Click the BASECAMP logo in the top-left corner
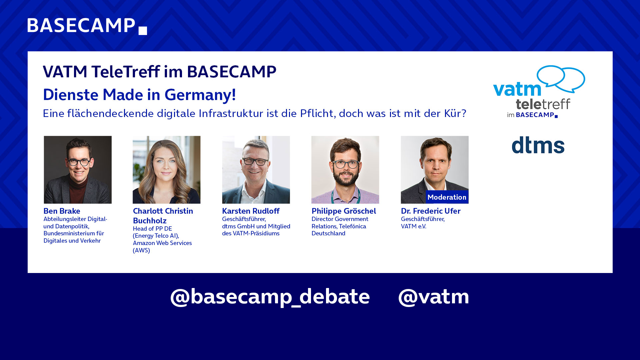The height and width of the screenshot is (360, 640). point(87,26)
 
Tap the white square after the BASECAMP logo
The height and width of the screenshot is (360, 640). point(143,31)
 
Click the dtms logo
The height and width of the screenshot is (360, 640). point(538,145)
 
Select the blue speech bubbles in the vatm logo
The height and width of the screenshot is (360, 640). point(561,79)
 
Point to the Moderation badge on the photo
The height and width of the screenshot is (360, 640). point(447,197)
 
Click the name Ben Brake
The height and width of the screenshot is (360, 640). point(62,211)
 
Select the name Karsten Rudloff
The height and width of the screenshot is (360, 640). point(251,211)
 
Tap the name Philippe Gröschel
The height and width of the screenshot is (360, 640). point(344,211)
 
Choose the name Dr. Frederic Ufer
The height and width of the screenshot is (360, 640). point(431,211)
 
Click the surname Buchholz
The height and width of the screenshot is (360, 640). point(150,221)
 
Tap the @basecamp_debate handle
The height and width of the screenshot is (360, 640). point(270,296)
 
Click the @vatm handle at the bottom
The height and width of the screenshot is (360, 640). point(434,296)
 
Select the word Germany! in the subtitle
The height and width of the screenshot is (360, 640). point(200,95)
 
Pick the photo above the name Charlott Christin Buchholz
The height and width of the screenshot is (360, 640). point(167,170)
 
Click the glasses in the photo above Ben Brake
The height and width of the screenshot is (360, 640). point(79,162)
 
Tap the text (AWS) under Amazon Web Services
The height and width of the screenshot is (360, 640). point(141,250)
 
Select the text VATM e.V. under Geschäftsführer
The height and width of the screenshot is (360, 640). point(413,226)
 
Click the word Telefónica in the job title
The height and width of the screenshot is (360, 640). point(352,226)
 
